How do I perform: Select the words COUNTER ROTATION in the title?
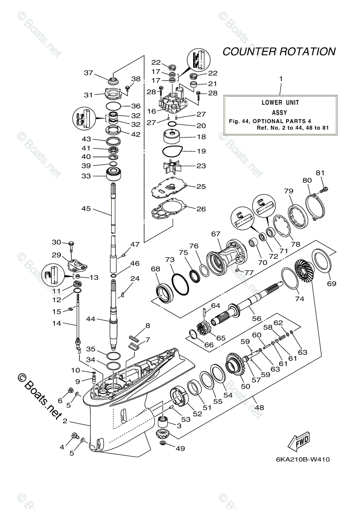click(279, 52)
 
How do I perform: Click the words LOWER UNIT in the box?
click(280, 103)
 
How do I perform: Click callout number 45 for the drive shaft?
click(86, 208)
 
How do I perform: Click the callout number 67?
click(216, 234)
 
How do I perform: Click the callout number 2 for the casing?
click(65, 421)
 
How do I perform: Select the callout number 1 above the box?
click(280, 79)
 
